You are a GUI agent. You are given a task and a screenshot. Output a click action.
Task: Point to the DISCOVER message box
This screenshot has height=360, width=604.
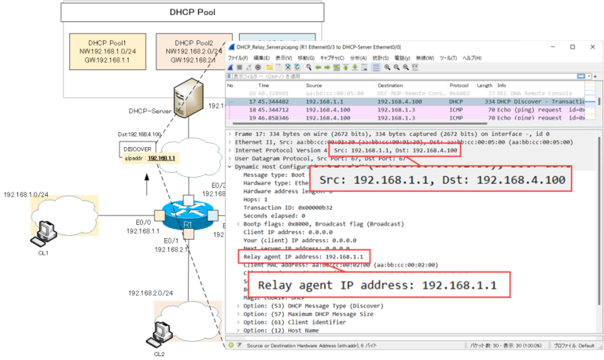click(137, 149)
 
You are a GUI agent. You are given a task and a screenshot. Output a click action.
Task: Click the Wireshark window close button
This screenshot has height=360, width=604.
click(593, 46)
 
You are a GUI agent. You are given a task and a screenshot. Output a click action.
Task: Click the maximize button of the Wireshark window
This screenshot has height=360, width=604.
click(572, 46)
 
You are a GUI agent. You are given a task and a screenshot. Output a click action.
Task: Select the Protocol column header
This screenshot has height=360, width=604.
click(459, 85)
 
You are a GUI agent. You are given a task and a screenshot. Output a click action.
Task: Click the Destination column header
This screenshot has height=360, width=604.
click(391, 85)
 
